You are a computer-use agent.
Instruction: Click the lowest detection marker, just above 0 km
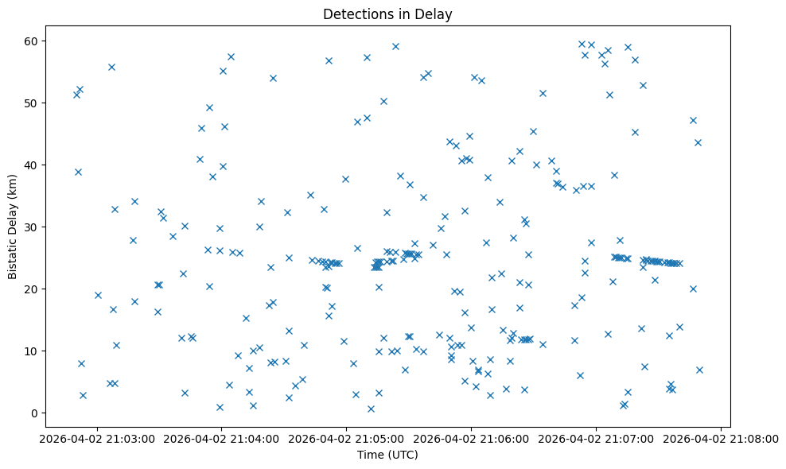point(371,409)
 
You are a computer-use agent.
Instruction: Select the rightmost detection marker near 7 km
point(699,370)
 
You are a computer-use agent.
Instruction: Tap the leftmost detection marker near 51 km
point(76,95)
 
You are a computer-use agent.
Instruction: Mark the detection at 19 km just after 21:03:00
point(98,295)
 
